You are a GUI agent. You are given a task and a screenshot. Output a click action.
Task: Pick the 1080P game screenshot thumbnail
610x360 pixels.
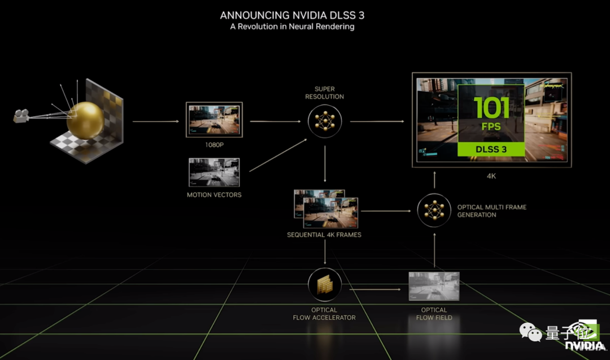pyautogui.click(x=214, y=119)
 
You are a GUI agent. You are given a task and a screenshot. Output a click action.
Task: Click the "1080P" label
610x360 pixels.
pyautogui.click(x=214, y=144)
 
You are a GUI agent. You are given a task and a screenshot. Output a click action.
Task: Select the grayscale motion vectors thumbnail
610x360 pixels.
pyautogui.click(x=214, y=172)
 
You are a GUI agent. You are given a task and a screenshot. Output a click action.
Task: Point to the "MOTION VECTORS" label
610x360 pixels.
pyautogui.click(x=214, y=195)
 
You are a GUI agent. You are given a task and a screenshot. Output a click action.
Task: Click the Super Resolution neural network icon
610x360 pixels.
pyautogui.click(x=325, y=120)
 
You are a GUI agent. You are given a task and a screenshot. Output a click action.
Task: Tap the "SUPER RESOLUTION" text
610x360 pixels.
pyautogui.click(x=325, y=93)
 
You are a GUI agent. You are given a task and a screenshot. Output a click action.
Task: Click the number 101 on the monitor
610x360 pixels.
pyautogui.click(x=491, y=107)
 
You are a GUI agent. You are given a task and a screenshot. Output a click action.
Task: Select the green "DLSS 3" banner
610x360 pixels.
pyautogui.click(x=491, y=149)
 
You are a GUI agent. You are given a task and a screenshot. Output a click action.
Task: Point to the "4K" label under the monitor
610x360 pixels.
pyautogui.click(x=491, y=176)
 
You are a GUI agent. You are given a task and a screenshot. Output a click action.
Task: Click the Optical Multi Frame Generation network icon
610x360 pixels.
pyautogui.click(x=434, y=211)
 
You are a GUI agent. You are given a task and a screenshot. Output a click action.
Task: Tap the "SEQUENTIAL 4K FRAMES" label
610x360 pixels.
pyautogui.click(x=324, y=235)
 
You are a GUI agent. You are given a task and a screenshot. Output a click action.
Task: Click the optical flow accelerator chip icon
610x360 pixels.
pyautogui.click(x=325, y=285)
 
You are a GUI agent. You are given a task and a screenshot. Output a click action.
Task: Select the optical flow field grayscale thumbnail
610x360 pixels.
pyautogui.click(x=434, y=286)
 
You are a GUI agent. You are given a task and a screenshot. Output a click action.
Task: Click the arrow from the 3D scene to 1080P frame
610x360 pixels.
pyautogui.click(x=155, y=121)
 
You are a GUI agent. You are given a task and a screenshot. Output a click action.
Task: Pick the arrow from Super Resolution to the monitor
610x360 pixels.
pyautogui.click(x=377, y=121)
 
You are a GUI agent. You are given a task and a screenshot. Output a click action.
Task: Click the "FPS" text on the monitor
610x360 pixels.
pyautogui.click(x=491, y=127)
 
